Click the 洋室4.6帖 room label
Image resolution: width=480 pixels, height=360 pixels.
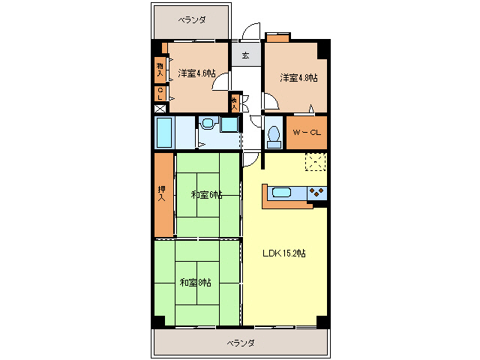pyautogui.click(x=197, y=73)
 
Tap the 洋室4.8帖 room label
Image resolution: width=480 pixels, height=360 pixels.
pyautogui.click(x=298, y=77)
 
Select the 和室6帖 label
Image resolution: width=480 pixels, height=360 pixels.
pyautogui.click(x=206, y=195)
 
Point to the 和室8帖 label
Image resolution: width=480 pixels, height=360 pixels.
pyautogui.click(x=195, y=283)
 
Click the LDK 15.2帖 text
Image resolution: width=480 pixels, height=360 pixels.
pyautogui.click(x=283, y=253)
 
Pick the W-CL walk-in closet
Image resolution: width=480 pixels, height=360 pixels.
pyautogui.click(x=307, y=133)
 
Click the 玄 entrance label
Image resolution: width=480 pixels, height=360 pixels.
pyautogui.click(x=245, y=54)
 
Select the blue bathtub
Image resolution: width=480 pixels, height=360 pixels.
pyautogui.click(x=164, y=133)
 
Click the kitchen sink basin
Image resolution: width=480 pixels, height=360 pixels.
pyautogui.click(x=281, y=193)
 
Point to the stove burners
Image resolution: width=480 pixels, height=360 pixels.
pyautogui.click(x=317, y=193)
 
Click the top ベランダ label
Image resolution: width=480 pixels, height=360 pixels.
pyautogui.click(x=192, y=20)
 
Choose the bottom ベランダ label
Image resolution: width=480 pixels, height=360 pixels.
pyautogui.click(x=241, y=343)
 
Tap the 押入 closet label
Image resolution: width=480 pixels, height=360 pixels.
pyautogui.click(x=162, y=193)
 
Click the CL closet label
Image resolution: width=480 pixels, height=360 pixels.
pyautogui.click(x=160, y=94)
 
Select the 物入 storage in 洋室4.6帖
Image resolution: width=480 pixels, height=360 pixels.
pyautogui.click(x=160, y=69)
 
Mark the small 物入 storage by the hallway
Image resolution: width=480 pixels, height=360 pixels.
pyautogui.click(x=235, y=102)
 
